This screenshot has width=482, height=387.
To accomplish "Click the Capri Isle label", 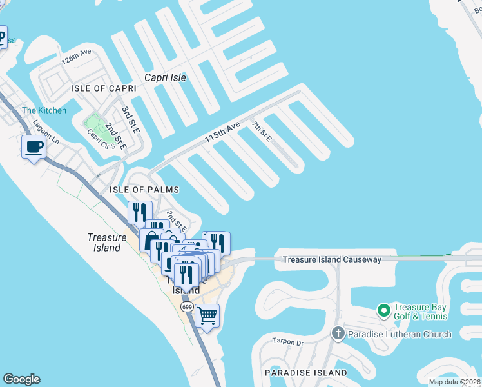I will pyautogui.click(x=165, y=77).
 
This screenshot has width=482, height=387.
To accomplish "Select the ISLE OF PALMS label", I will pyautogui.click(x=144, y=190).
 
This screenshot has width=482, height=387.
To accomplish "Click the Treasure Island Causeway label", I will pyautogui.click(x=332, y=259).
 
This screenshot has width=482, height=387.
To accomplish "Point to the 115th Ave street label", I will pyautogui.click(x=222, y=132).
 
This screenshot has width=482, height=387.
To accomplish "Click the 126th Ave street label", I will pyautogui.click(x=76, y=57).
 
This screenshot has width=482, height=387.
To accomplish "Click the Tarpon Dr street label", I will pyautogui.click(x=287, y=342).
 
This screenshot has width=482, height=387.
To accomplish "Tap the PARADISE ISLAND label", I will pyautogui.click(x=306, y=373).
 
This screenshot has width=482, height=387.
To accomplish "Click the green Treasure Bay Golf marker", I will pyautogui.click(x=384, y=311).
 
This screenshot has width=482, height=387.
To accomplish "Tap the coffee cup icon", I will pyautogui.click(x=34, y=147).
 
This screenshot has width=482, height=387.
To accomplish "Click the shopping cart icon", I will pyautogui.click(x=207, y=316).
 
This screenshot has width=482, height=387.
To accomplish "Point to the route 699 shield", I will pyautogui.click(x=187, y=307).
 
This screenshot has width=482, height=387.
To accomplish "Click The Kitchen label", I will pyautogui.click(x=44, y=110).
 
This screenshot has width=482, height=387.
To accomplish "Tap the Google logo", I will pyautogui.click(x=21, y=379).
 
